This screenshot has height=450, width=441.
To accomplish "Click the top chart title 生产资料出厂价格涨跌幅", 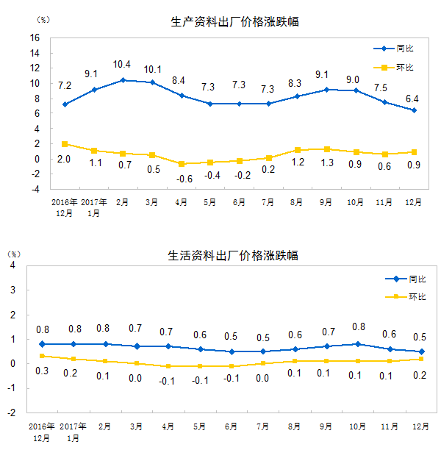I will (x=234, y=22).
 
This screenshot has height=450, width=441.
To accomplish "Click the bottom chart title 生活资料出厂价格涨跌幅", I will (x=234, y=255).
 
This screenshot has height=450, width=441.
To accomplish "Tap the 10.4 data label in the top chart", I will (x=123, y=65).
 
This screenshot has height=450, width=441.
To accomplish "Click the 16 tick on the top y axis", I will (x=35, y=37).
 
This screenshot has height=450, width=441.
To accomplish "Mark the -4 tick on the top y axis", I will (x=33, y=189).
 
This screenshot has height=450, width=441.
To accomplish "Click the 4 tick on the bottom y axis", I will (x=13, y=265).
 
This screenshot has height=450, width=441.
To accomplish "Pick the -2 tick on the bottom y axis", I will (x=12, y=413).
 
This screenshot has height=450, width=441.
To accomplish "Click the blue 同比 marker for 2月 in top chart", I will (x=123, y=79).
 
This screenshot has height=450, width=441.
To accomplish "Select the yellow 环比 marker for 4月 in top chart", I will (x=181, y=164).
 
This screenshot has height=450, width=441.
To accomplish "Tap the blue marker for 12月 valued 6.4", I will (x=414, y=110).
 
